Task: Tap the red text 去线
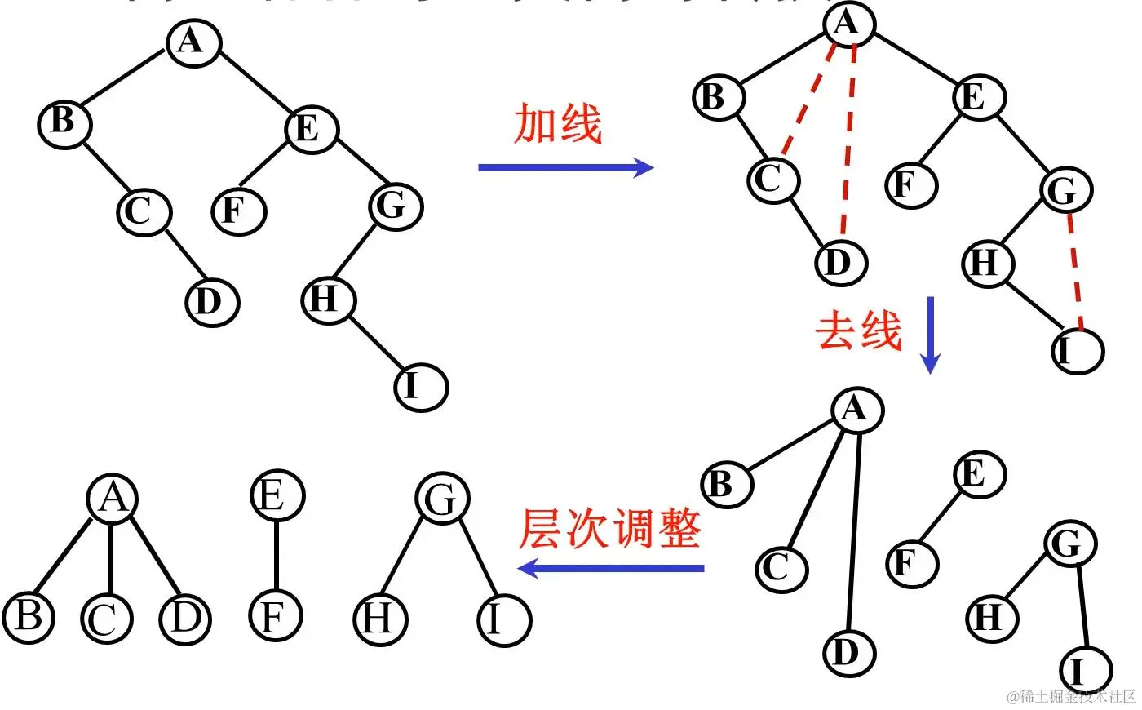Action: coord(859,331)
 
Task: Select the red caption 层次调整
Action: coord(610,529)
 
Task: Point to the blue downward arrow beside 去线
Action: coord(931,335)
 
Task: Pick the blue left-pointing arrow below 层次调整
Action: coord(612,568)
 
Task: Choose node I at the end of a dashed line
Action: coord(1077,350)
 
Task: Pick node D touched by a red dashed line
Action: coord(840,262)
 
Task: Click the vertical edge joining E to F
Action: coord(277,555)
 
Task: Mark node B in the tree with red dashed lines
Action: coord(719,96)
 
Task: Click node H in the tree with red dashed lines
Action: coord(987,263)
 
